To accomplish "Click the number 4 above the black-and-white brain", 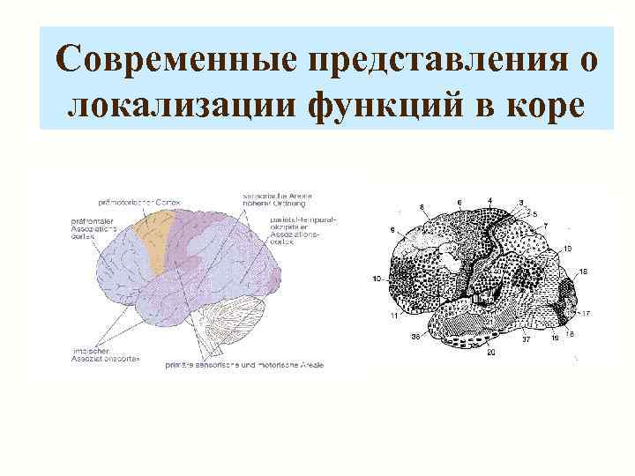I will click(x=489, y=201).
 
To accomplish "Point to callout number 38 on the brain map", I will click(x=415, y=338).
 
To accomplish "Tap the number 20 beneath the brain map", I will click(x=490, y=353).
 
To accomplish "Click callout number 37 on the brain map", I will click(x=526, y=338).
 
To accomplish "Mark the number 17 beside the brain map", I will click(x=585, y=312).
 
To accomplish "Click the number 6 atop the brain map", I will click(x=459, y=202).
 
